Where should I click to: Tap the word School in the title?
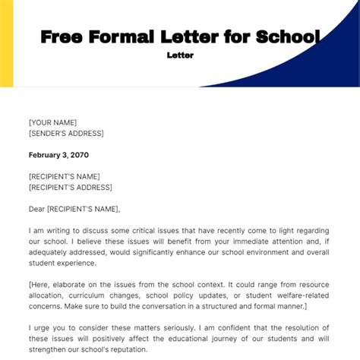(286, 36)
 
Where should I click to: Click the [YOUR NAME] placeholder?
(52, 122)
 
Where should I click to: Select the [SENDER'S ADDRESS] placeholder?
(69, 133)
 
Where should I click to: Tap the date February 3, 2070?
(58, 154)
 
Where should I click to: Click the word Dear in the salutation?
(38, 208)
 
